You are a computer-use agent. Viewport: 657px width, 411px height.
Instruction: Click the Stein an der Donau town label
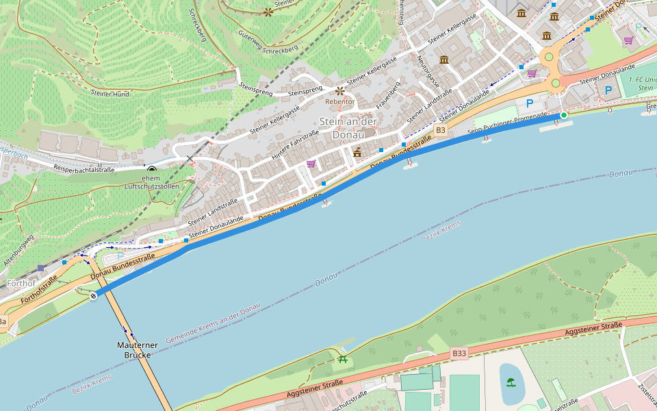coord(348,128)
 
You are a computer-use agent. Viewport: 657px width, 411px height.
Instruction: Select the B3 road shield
coord(441,130)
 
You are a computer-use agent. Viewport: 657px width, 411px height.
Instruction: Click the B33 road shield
coord(459,353)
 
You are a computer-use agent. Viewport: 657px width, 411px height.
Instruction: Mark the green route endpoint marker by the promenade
coord(564,115)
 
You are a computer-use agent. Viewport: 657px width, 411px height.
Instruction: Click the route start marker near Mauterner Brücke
coord(93,296)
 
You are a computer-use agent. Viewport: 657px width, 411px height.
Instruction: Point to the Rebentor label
coord(340,101)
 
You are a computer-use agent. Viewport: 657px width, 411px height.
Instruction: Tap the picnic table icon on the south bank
coord(342,358)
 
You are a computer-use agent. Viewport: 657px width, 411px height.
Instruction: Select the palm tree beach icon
coord(511,382)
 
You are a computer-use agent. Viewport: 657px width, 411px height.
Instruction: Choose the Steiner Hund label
coord(110,92)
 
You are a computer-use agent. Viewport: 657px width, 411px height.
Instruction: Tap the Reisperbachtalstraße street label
coord(84,169)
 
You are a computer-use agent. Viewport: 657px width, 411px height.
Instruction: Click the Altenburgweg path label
coord(18,250)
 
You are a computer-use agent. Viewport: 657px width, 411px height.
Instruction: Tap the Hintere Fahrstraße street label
coord(296,146)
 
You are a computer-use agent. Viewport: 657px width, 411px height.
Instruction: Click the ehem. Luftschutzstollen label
coord(151,182)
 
